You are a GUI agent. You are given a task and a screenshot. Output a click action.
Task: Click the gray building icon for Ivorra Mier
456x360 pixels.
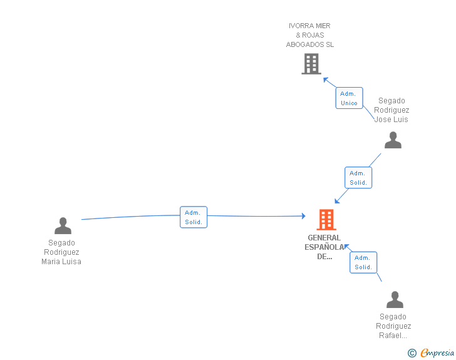click(x=311, y=64)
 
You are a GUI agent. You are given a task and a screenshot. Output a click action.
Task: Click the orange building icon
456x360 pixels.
click(x=326, y=220)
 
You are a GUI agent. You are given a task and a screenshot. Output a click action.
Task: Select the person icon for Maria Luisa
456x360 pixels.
click(x=63, y=225)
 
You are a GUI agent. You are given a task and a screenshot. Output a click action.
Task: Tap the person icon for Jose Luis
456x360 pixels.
click(x=393, y=140)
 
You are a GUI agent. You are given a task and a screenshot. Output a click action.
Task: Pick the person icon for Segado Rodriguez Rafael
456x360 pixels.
click(x=395, y=299)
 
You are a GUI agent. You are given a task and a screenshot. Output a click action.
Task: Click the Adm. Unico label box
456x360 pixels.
click(x=349, y=98)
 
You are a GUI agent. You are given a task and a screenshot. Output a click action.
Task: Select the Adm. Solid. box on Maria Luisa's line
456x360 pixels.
click(x=193, y=217)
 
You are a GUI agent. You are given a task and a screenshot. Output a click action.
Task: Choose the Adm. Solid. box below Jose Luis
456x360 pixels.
click(x=358, y=178)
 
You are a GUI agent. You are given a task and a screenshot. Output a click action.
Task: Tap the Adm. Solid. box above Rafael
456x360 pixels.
click(x=363, y=262)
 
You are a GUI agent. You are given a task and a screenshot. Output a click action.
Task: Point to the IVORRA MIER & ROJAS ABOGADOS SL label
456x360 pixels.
click(x=310, y=35)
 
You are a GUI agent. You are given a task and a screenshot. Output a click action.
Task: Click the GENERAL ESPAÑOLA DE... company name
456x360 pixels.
click(x=324, y=247)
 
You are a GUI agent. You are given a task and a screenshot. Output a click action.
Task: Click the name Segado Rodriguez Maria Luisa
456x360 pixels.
click(x=61, y=252)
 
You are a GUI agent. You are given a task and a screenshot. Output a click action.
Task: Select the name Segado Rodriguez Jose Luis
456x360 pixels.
click(x=391, y=110)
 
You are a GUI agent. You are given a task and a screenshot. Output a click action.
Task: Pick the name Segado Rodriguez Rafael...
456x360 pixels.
click(x=393, y=326)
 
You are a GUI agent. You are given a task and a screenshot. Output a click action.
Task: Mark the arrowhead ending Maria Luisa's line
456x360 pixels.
click(x=303, y=216)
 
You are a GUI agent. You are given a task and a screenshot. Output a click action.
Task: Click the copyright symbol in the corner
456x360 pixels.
click(x=412, y=353)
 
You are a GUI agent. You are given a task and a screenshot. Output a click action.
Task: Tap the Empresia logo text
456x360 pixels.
click(x=437, y=352)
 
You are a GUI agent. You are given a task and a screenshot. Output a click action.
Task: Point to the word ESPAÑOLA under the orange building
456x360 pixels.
click(x=324, y=247)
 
